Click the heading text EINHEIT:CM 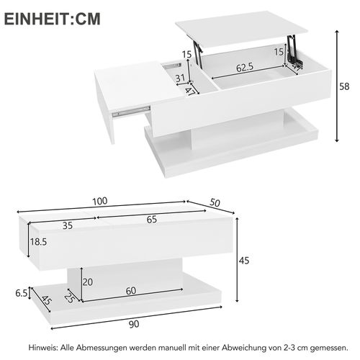point(53,19)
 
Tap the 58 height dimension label point(344,86)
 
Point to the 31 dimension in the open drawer point(181,78)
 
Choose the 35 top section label point(68,225)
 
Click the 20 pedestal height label point(87,282)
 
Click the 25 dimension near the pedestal point(70,296)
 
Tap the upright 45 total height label point(243,261)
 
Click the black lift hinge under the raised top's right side point(292,53)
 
